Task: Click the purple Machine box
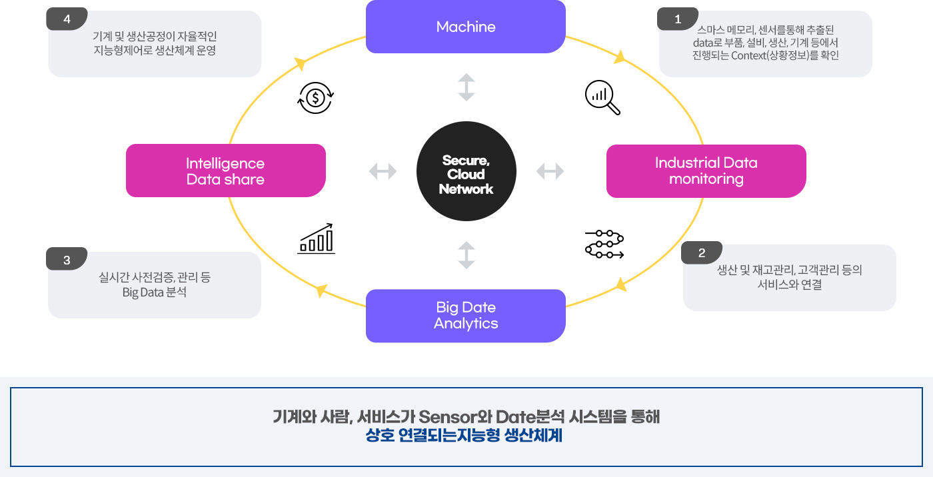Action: point(466,27)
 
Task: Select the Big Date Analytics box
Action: point(466,315)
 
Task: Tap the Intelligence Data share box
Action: point(225,171)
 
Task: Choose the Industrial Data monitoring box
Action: point(706,171)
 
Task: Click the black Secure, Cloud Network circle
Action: point(466,175)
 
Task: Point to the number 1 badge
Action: point(678,19)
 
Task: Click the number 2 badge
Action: point(701,253)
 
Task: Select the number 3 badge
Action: point(67,260)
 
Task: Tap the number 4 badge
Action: point(67,19)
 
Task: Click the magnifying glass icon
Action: point(602,98)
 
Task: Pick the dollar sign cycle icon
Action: point(315,98)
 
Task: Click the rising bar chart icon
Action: point(317,238)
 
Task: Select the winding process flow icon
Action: point(604,244)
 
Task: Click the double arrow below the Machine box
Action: point(467,87)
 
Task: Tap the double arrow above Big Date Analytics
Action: point(467,255)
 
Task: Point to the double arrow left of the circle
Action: point(383,172)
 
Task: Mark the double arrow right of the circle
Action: point(550,172)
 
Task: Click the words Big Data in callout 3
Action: point(139,292)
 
